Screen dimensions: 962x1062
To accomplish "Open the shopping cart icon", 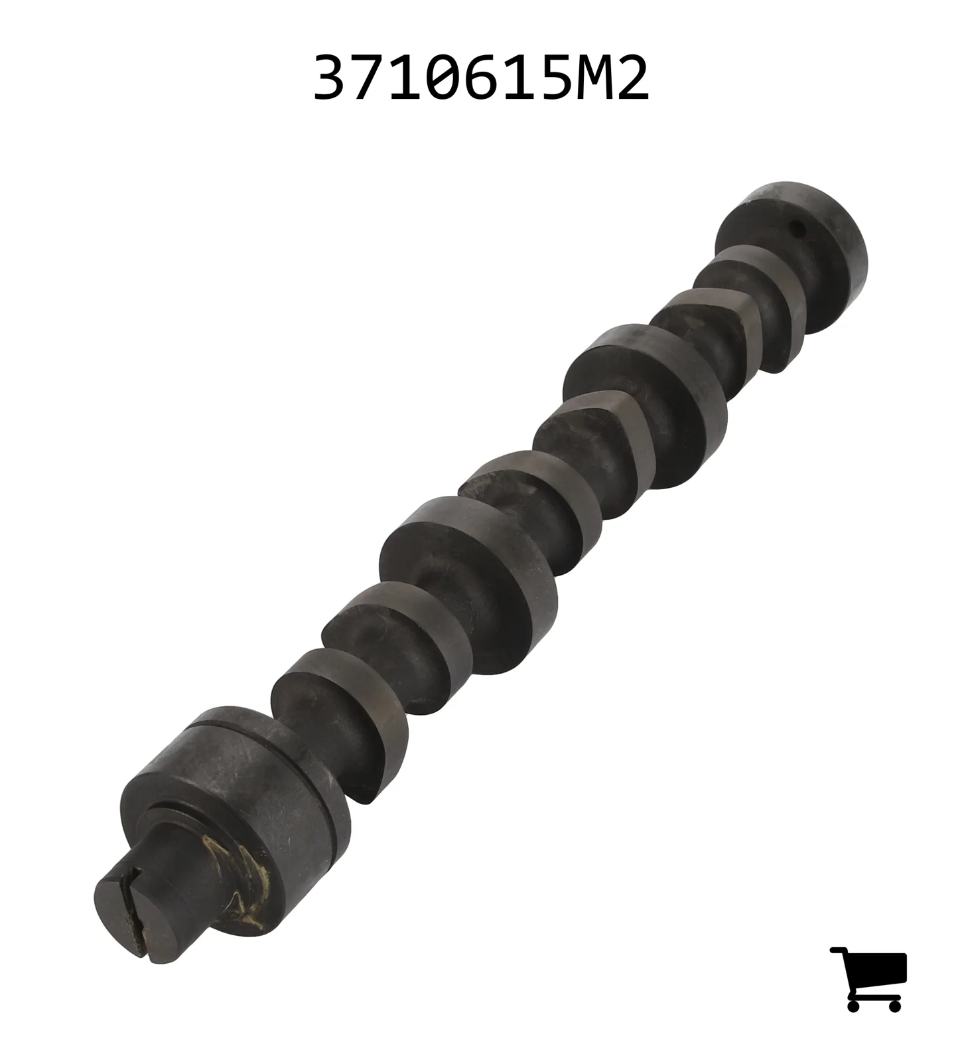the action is click(x=868, y=979).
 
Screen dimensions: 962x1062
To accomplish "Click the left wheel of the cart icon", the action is click(x=853, y=1005).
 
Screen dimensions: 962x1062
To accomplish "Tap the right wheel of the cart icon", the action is click(x=894, y=1005).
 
